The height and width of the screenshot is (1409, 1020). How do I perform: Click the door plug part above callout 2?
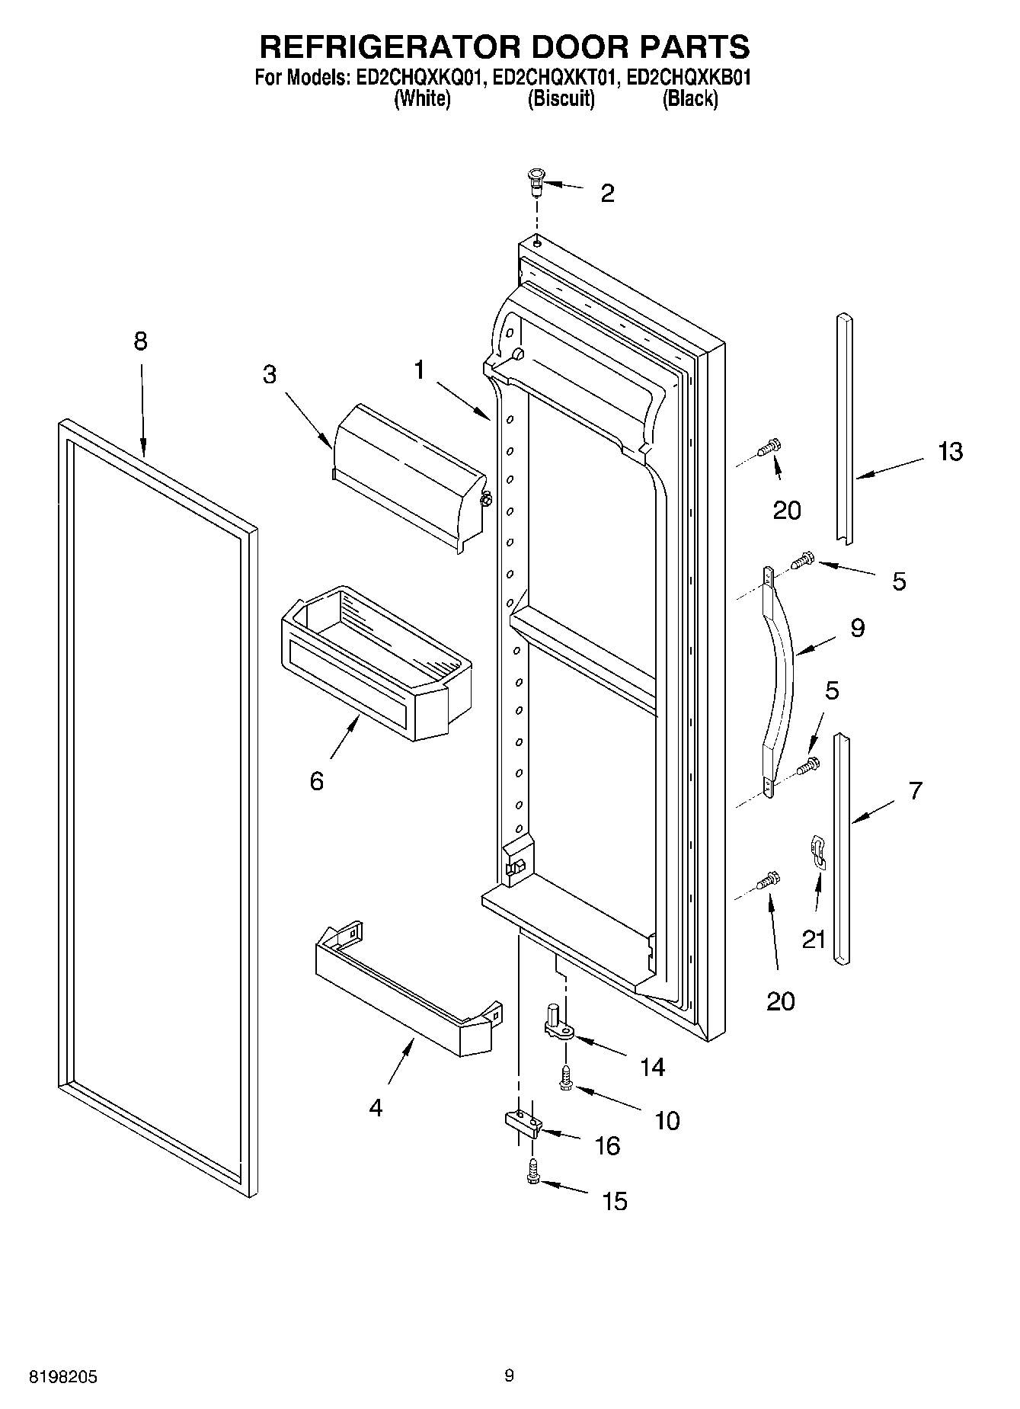(x=536, y=183)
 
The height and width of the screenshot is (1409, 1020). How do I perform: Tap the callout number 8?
(x=140, y=341)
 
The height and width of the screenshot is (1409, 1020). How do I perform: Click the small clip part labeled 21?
(x=817, y=851)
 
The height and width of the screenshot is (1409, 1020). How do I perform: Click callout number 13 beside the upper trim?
(x=950, y=451)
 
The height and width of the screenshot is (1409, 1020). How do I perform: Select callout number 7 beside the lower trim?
(x=915, y=790)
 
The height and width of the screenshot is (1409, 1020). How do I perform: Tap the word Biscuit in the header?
(x=561, y=99)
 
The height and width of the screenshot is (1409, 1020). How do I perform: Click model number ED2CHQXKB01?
(x=689, y=78)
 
